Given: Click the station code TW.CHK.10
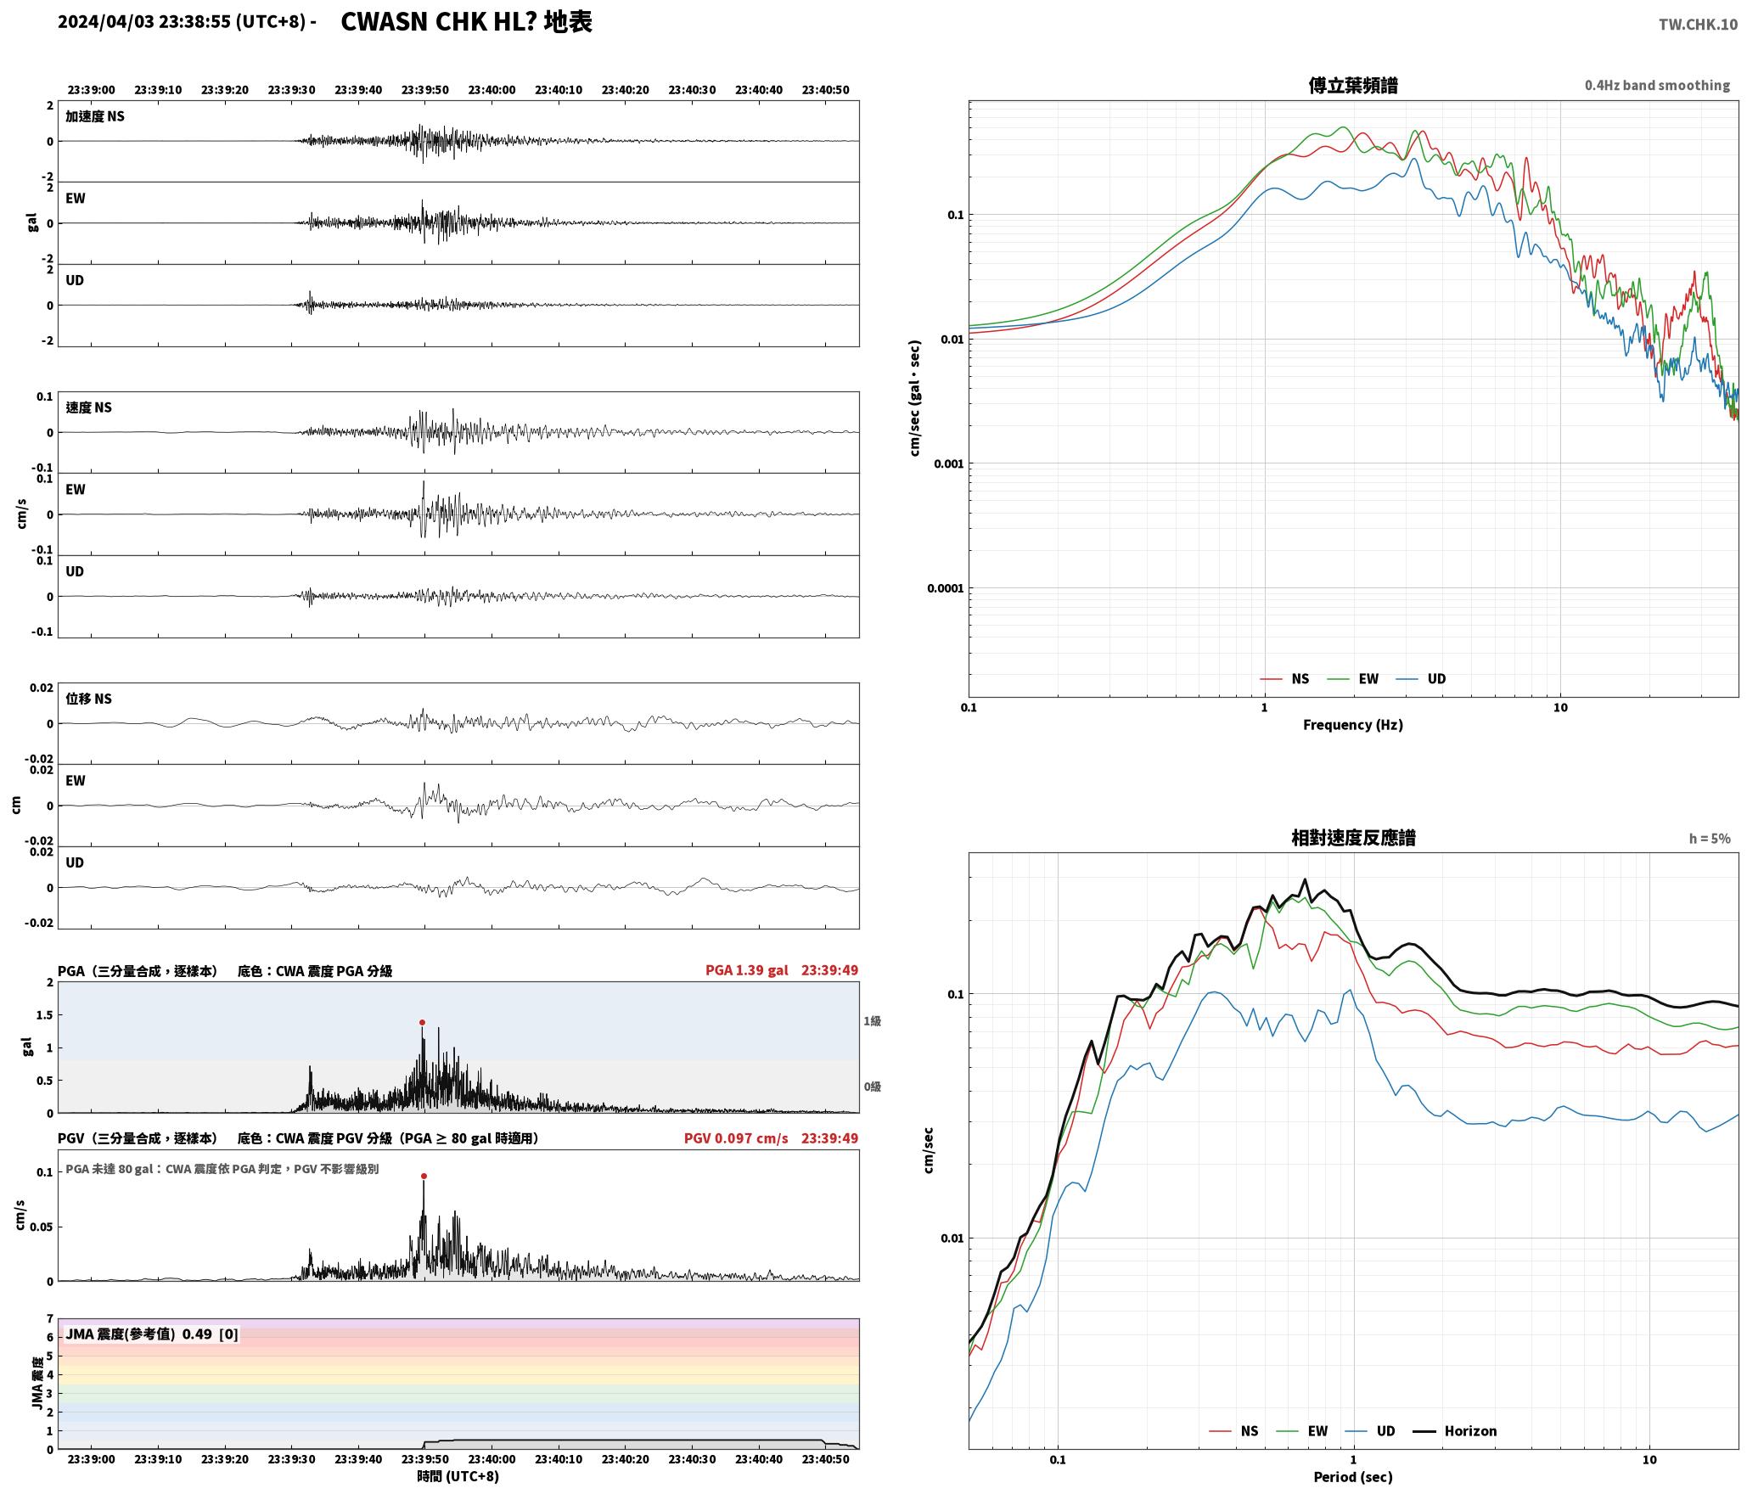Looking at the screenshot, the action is (1698, 25).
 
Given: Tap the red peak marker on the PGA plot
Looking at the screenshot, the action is (422, 1023).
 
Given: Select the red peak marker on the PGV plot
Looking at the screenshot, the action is (424, 1177).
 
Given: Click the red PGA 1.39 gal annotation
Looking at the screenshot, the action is (746, 970).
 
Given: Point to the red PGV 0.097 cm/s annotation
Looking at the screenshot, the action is (736, 1138).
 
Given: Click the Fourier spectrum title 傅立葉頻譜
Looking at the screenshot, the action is (1353, 86).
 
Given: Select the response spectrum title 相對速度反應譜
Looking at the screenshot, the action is (1353, 838).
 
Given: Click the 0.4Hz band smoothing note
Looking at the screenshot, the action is (1657, 86).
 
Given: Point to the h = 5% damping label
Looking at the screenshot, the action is (1709, 839).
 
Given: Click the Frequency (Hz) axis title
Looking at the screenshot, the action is (1353, 725).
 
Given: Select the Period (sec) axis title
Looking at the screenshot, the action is (1353, 1477).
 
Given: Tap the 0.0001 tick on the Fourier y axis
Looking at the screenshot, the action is (944, 588).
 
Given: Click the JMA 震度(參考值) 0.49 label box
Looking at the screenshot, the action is (151, 1334).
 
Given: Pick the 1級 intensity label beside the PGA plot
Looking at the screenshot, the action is (872, 1021).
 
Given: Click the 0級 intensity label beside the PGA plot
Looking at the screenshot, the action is (872, 1087).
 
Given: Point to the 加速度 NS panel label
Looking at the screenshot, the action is (95, 116).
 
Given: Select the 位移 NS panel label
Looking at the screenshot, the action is (88, 699).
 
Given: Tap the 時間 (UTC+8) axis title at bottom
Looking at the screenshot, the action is (458, 1477).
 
